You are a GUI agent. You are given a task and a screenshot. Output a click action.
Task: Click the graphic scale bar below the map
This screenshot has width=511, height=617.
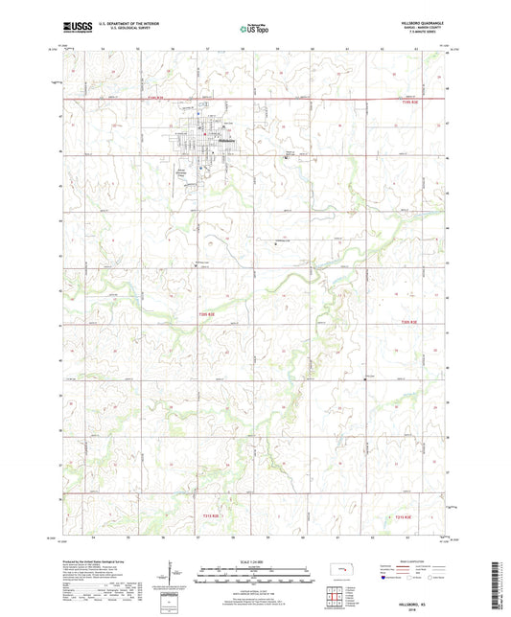click(255, 578)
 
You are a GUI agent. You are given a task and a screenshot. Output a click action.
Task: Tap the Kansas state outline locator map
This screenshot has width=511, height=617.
click(342, 575)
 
